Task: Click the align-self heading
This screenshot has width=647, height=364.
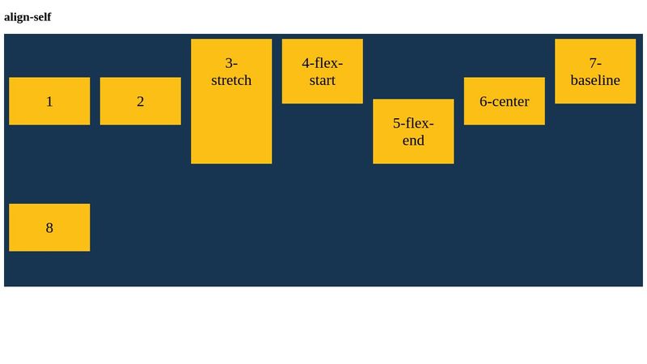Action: tap(27, 17)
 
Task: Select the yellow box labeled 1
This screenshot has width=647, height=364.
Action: tap(49, 101)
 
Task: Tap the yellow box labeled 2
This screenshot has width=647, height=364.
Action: tap(141, 101)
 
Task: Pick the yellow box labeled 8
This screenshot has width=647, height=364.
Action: tap(49, 227)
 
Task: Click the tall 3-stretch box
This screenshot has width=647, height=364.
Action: tap(231, 121)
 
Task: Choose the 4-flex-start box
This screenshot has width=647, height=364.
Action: tap(323, 71)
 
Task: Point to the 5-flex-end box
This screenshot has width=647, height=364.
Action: tap(413, 131)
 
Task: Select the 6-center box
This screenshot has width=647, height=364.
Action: tap(505, 101)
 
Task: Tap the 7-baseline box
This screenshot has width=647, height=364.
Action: tap(595, 71)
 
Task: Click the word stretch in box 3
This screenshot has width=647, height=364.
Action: tap(231, 80)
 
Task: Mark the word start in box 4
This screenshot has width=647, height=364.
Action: tap(322, 80)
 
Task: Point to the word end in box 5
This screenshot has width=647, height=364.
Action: tap(413, 140)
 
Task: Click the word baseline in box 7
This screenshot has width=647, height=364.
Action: tap(595, 80)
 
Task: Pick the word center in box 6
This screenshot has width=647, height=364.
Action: tap(510, 101)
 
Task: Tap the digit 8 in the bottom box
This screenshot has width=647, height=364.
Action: tap(49, 227)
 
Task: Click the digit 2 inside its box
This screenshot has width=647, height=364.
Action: tap(141, 101)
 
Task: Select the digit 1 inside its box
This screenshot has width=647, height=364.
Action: tap(49, 101)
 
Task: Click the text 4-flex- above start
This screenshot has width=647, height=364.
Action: tap(323, 63)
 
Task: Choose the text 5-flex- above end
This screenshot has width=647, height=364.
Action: tap(413, 123)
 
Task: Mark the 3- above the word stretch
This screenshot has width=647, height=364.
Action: tap(231, 63)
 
